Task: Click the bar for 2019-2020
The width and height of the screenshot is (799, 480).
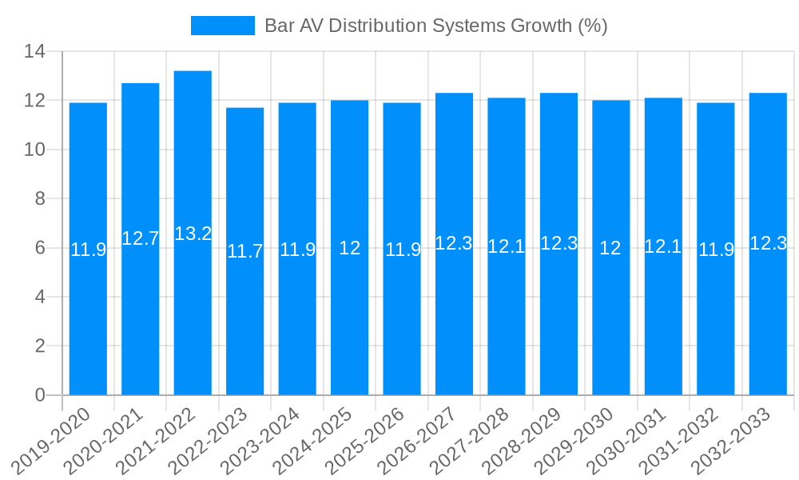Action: (x=88, y=320)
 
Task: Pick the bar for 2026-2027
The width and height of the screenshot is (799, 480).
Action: (x=454, y=320)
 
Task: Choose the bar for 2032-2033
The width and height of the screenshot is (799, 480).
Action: (x=768, y=320)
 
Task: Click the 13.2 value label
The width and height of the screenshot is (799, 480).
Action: (x=193, y=234)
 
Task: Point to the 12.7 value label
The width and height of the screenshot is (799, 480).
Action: (x=141, y=238)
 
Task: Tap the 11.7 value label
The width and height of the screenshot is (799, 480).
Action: (x=244, y=251)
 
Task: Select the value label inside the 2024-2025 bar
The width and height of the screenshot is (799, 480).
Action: (x=349, y=248)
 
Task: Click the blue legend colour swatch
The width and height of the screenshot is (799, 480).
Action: (x=222, y=26)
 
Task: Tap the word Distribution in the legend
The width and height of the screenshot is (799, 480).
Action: (x=382, y=26)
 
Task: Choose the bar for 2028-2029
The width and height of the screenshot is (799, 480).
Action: (x=559, y=320)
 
